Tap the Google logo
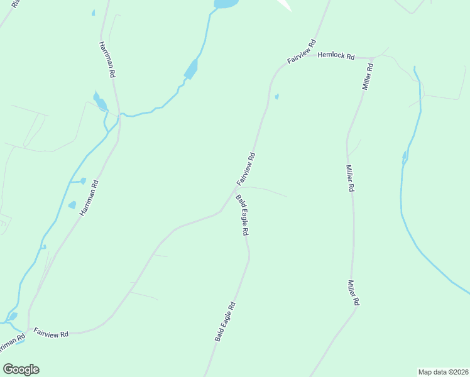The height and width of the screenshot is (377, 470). click(21, 369)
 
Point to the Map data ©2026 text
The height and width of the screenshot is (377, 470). click(443, 371)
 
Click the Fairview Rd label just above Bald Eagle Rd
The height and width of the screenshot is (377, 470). click(246, 169)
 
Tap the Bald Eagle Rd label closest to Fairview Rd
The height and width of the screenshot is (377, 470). click(243, 215)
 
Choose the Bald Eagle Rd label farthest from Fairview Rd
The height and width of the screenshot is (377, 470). click(225, 321)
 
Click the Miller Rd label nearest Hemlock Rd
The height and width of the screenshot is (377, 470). click(368, 76)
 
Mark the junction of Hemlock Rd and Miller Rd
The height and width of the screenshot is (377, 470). click(371, 58)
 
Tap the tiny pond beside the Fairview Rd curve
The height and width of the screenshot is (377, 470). click(276, 97)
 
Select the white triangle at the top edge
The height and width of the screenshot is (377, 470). click(284, 5)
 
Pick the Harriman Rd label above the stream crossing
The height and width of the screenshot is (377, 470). click(107, 60)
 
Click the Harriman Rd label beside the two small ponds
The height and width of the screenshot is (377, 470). click(90, 199)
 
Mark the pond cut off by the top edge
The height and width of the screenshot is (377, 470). click(226, 4)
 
